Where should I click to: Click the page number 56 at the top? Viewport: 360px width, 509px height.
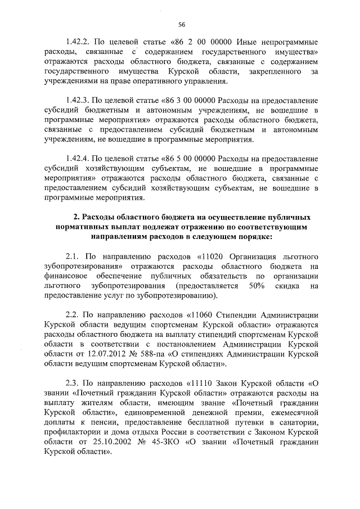tap(181, 24)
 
